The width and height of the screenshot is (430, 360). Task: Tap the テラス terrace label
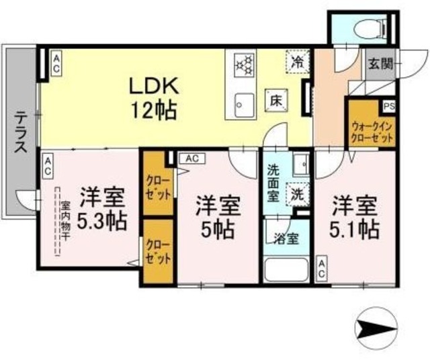(19, 132)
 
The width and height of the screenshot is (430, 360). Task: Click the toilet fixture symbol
(366, 28)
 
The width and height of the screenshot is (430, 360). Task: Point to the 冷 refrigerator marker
(297, 62)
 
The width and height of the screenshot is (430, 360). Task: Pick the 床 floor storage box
(275, 99)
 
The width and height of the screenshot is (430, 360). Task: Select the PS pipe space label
(388, 106)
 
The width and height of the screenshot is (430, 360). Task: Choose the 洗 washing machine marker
(297, 195)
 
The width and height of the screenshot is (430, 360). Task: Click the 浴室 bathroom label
(282, 237)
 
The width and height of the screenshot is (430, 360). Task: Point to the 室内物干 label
(65, 221)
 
